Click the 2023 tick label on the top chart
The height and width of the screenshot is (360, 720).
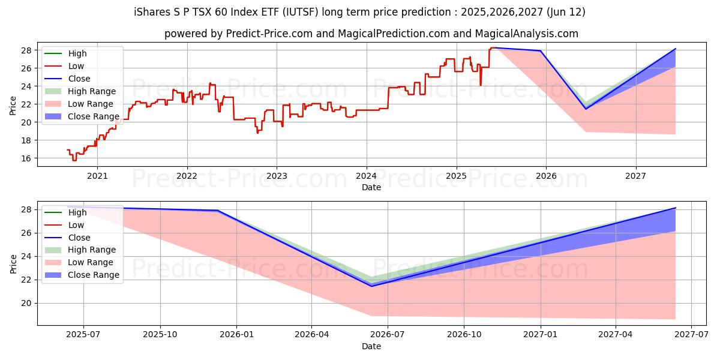tap(277, 176)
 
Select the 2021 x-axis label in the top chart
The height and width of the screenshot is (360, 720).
tap(97, 176)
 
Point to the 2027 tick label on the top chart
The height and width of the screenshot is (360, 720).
tap(635, 176)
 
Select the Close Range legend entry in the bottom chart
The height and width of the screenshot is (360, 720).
tap(94, 275)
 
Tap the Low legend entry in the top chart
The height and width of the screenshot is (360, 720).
tap(76, 66)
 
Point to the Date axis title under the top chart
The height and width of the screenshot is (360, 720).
tap(371, 187)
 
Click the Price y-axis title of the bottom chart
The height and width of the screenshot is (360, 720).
tap(13, 263)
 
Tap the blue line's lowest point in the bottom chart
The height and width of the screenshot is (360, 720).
tap(371, 286)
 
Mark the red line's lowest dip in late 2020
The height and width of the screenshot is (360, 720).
tap(74, 160)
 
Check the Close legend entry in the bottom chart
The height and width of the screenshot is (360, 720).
tap(79, 238)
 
